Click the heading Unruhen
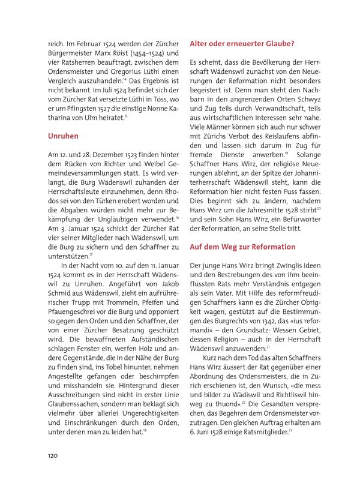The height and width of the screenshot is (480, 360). click(x=63, y=136)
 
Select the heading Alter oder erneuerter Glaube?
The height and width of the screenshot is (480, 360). click(x=241, y=43)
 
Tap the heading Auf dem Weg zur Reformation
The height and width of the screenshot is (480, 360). click(x=242, y=247)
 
